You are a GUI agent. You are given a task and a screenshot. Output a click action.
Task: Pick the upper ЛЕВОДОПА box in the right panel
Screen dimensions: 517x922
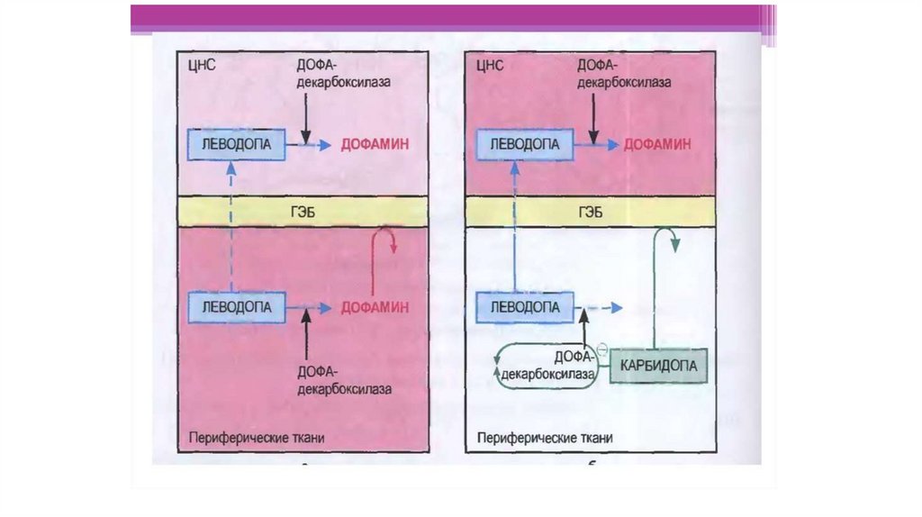[x=524, y=144]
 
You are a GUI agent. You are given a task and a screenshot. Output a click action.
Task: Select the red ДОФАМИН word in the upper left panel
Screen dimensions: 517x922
[x=375, y=144]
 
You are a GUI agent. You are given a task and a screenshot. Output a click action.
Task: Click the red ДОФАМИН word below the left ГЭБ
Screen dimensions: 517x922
[x=375, y=308]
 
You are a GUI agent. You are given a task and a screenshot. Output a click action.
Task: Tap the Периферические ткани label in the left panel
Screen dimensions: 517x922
[x=257, y=438]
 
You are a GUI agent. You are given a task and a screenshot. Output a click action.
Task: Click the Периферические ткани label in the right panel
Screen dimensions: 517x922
[x=545, y=438]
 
